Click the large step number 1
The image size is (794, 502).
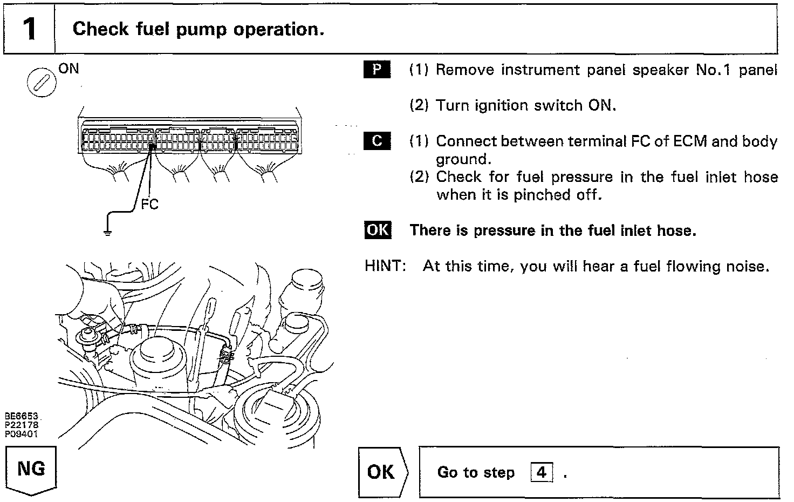point(29,29)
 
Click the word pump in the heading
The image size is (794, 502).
point(202,29)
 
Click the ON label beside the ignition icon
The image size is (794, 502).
point(69,69)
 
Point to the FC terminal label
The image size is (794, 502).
point(149,204)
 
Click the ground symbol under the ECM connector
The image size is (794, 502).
point(107,233)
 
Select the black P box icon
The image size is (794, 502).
point(378,70)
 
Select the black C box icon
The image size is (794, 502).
point(378,141)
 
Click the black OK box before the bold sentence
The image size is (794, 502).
point(378,230)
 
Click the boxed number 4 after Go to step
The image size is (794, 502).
point(541,473)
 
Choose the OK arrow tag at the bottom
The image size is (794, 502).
point(382,472)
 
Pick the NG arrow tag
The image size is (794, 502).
point(31,470)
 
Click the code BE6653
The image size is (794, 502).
point(22,417)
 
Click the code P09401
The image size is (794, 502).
point(22,433)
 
